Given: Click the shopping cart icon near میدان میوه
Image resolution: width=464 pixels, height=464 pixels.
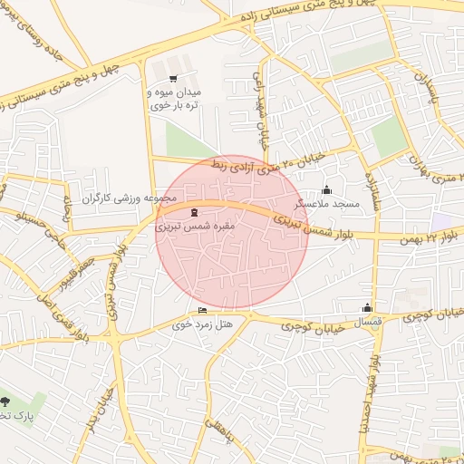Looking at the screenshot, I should pos(172,79).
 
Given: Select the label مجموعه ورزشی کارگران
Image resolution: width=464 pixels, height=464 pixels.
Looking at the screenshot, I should pos(133,198).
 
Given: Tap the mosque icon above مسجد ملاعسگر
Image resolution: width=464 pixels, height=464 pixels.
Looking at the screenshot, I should pos(327,190).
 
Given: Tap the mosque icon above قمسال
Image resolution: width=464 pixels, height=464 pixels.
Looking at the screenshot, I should pos(366,308).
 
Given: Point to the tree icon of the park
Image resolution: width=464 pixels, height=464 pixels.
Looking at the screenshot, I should pos(7,401).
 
